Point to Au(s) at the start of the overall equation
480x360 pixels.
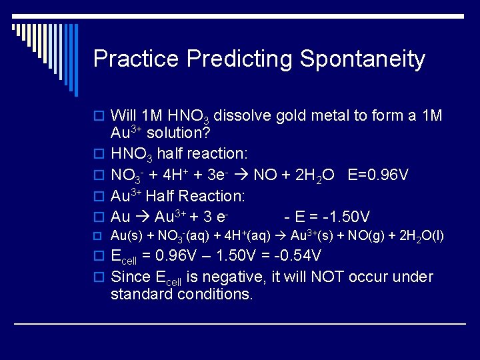tap(124, 235)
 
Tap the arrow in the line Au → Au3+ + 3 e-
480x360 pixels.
tap(143, 217)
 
